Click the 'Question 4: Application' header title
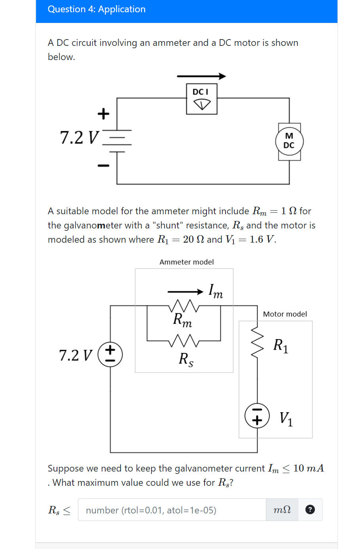[97, 9]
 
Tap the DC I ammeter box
[202, 99]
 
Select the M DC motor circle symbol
[289, 141]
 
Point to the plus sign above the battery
[103, 114]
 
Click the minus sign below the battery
[103, 165]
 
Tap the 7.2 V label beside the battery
[78, 138]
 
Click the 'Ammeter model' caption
[186, 262]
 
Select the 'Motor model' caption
[285, 314]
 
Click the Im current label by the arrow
[216, 291]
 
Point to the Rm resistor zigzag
[184, 306]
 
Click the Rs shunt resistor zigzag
[184, 340]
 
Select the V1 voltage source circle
[257, 416]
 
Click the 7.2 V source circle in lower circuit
[110, 354]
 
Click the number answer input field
[172, 510]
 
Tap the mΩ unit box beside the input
[282, 510]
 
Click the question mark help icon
[310, 510]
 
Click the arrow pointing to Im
[185, 292]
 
